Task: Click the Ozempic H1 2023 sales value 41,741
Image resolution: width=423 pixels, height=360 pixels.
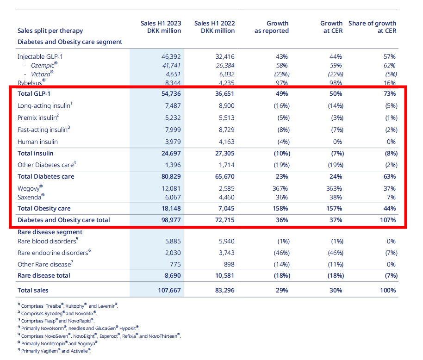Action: point(171,66)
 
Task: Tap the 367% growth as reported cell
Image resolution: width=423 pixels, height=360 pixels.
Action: point(280,188)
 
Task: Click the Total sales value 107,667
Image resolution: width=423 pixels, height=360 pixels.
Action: point(169,291)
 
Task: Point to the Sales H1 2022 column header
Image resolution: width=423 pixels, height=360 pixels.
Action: point(214,27)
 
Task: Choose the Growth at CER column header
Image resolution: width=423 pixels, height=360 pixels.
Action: point(331,27)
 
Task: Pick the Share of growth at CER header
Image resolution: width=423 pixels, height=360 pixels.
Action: point(372,27)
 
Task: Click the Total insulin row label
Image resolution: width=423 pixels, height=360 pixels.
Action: point(35,154)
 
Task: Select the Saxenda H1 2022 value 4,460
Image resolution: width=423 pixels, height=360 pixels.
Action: point(226,198)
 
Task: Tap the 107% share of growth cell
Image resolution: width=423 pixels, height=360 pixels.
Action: point(388,220)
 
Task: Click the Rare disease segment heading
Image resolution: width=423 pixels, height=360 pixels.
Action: point(50,232)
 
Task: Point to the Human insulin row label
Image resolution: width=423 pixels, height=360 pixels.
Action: point(37,142)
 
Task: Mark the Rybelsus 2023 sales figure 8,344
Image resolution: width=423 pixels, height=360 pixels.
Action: point(173,83)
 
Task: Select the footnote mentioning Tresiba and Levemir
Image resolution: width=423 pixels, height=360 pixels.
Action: point(68,306)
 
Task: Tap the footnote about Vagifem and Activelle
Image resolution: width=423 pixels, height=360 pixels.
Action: point(55,351)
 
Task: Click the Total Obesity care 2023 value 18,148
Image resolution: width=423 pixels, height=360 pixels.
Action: point(171,208)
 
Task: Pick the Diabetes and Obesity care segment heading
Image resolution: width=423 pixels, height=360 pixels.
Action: point(70,42)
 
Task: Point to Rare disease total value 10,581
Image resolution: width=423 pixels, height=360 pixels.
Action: point(225,276)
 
